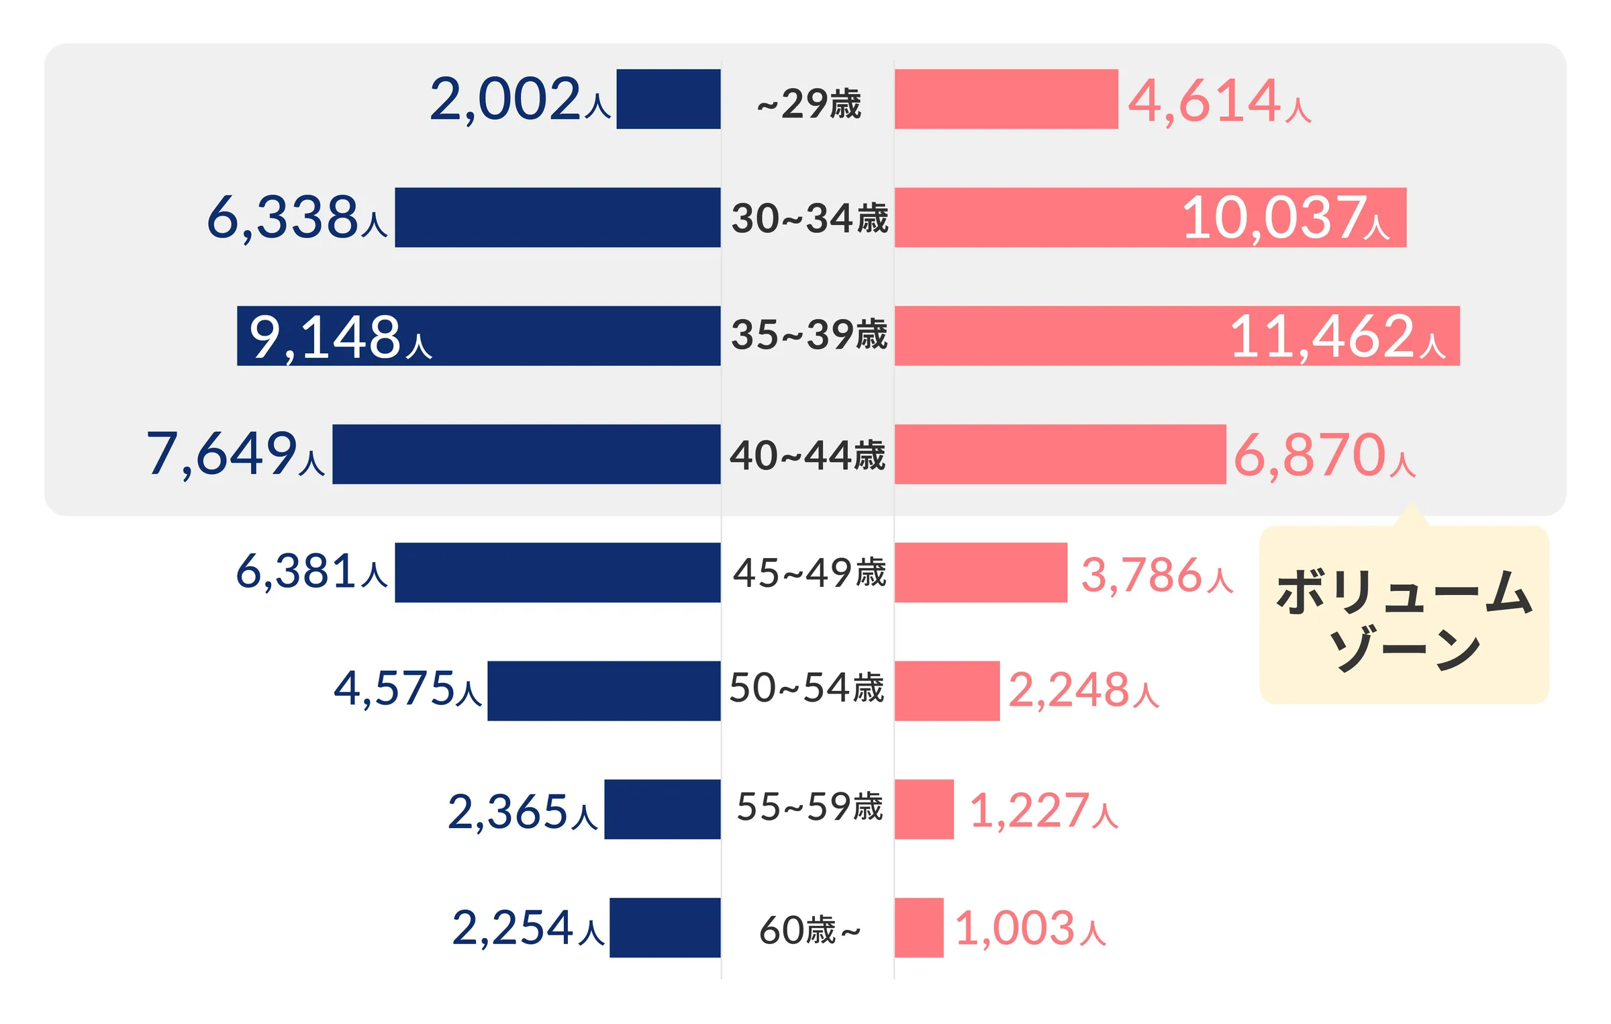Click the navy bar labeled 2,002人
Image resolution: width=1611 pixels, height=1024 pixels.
669,99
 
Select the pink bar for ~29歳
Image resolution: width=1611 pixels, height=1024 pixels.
1006,99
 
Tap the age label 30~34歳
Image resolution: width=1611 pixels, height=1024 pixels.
810,218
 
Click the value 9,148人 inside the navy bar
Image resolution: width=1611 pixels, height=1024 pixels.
340,337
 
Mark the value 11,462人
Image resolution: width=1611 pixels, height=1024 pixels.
1338,336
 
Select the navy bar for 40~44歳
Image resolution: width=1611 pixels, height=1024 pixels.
526,454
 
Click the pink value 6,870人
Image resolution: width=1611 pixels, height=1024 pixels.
1324,455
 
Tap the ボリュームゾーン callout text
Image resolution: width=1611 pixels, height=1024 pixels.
1404,618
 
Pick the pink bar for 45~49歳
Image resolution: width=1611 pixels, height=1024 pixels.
981,573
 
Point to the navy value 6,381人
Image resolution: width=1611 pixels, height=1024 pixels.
311,572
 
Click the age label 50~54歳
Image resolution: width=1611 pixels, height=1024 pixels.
807,688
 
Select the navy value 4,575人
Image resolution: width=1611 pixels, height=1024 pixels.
407,690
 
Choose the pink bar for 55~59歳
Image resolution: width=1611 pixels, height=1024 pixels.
924,809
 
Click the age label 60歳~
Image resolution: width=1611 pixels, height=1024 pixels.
810,931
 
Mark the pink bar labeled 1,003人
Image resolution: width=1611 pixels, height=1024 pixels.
919,927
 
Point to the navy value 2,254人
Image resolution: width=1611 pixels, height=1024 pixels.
528,929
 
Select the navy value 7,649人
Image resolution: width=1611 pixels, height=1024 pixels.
236,455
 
